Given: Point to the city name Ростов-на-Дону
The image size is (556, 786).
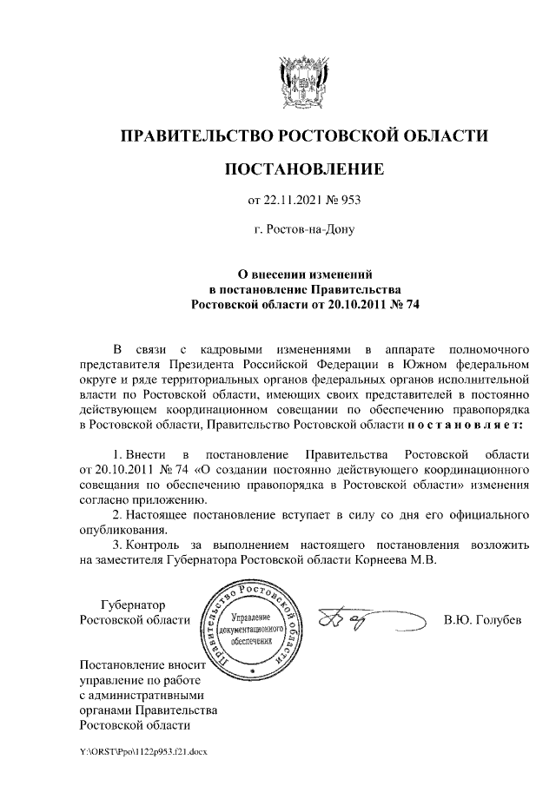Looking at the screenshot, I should click(304, 230).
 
